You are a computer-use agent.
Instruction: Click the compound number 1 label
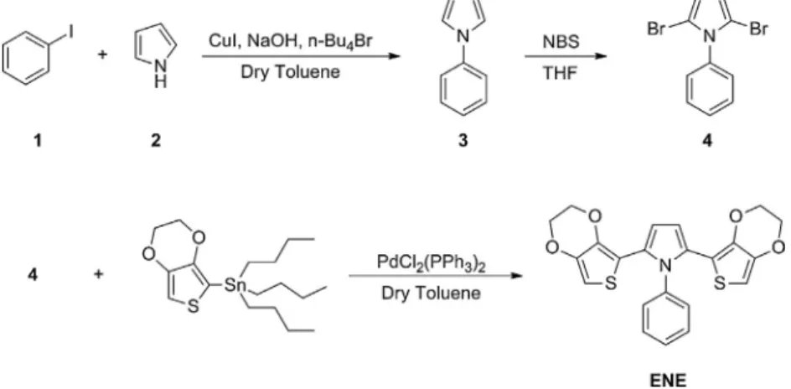click(38, 141)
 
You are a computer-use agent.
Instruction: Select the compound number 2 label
click(156, 141)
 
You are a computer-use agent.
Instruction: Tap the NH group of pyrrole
click(160, 74)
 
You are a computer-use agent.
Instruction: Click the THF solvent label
click(560, 74)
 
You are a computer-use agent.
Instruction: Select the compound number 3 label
click(463, 141)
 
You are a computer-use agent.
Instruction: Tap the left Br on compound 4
click(656, 29)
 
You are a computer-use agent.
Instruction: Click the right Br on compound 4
click(758, 29)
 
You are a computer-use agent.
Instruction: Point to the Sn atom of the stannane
click(235, 286)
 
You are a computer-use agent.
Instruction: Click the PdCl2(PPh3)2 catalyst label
click(431, 263)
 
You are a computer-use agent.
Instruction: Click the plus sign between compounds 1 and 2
click(102, 54)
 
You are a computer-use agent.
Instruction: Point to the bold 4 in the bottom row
click(33, 275)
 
